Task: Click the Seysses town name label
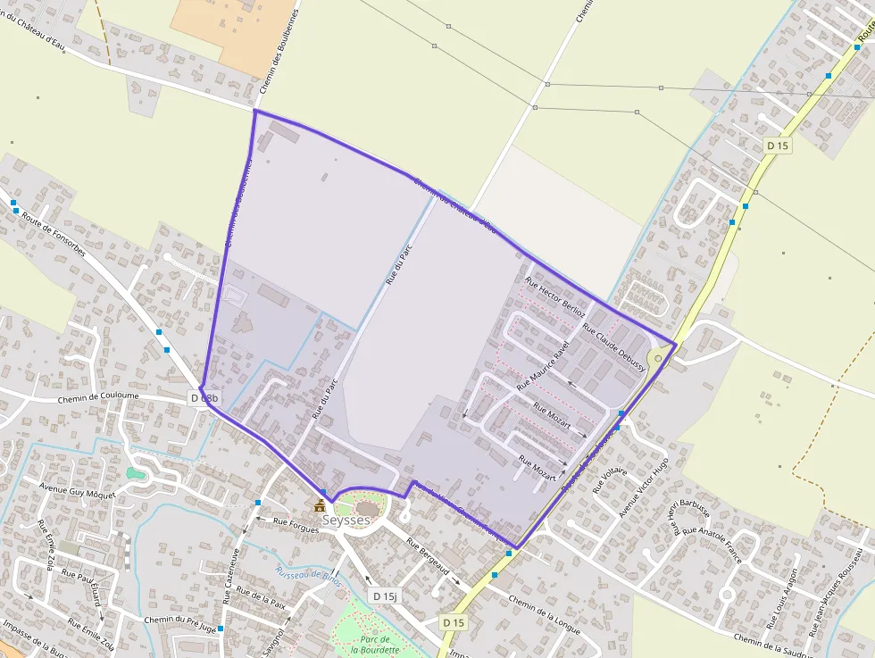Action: (346, 520)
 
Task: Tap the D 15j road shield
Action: (386, 596)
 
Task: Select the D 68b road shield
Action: (204, 397)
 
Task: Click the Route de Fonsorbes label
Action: (54, 233)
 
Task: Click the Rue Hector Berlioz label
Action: (555, 296)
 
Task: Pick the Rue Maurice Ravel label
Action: (542, 367)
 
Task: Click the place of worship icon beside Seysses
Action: (320, 505)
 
